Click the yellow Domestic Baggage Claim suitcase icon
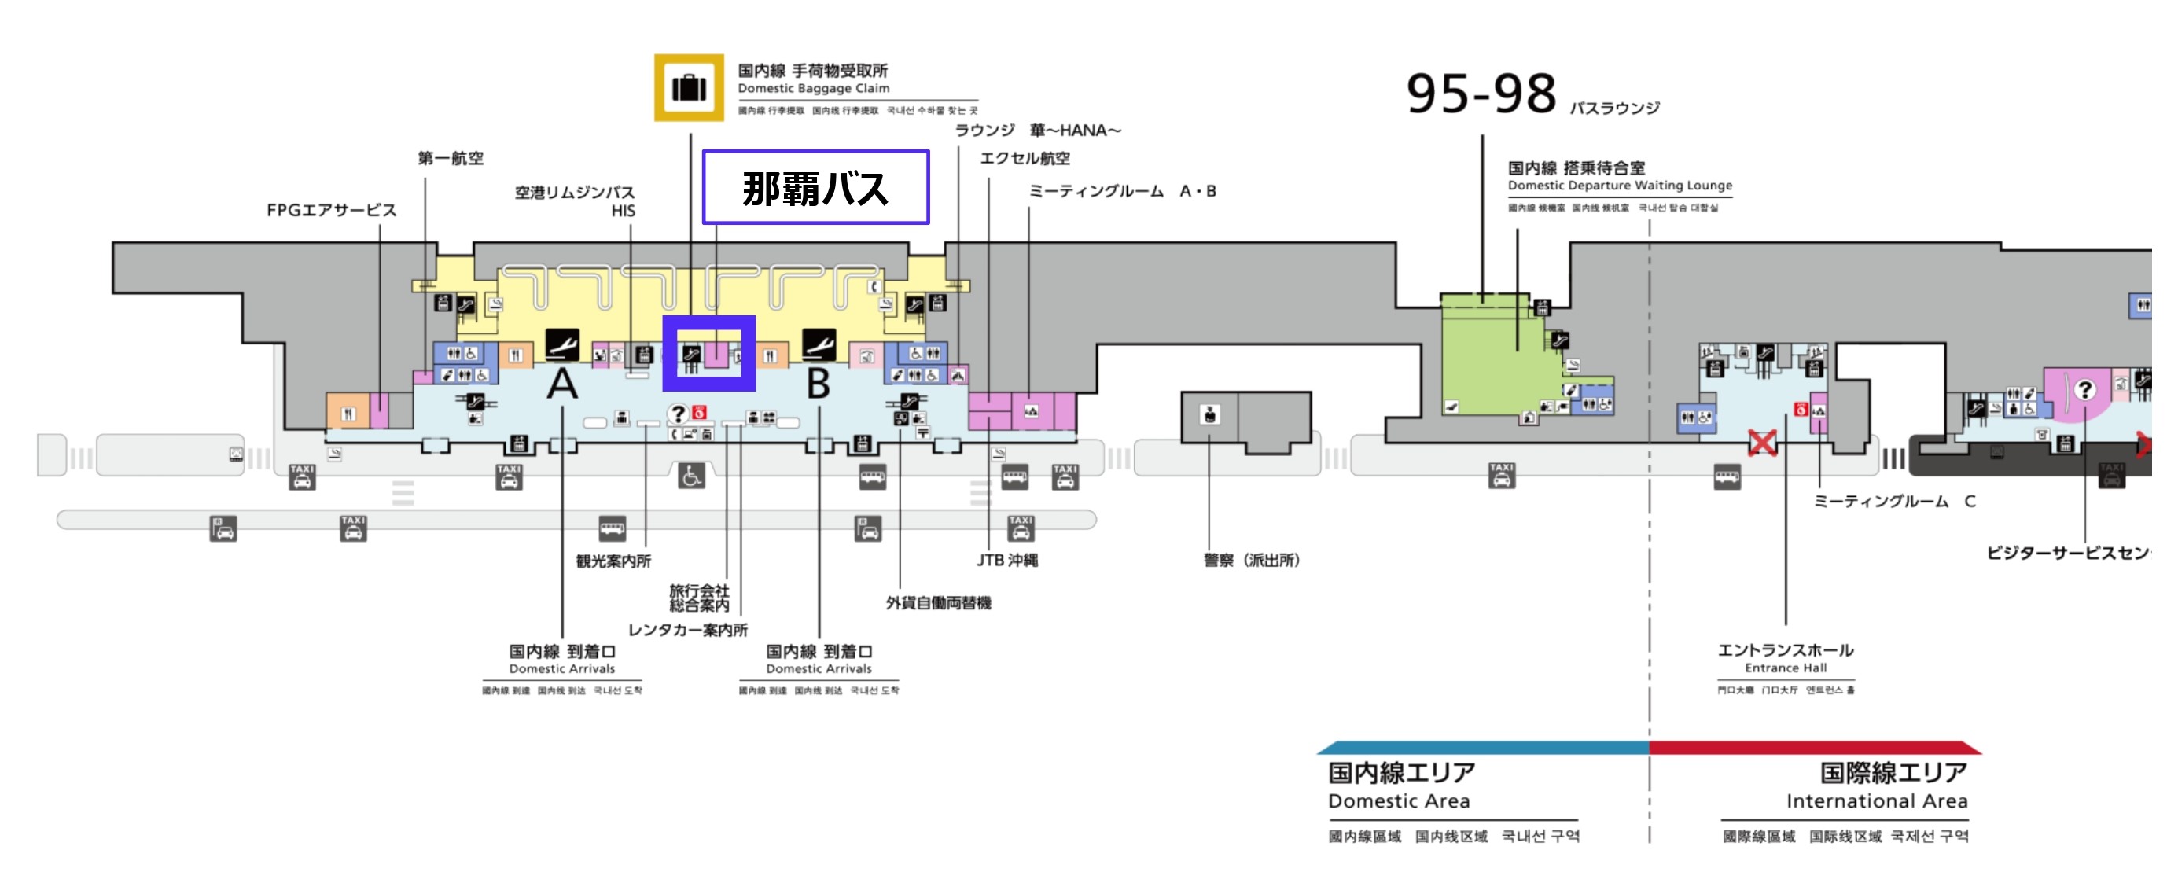pyautogui.click(x=688, y=87)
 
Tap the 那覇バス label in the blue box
pyautogui.click(x=815, y=188)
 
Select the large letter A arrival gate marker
pyautogui.click(x=562, y=384)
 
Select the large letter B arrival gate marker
pyautogui.click(x=818, y=384)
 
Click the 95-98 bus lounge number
pyautogui.click(x=1480, y=94)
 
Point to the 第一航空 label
pyautogui.click(x=450, y=158)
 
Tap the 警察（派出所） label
pyautogui.click(x=1251, y=560)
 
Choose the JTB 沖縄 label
pyautogui.click(x=1006, y=560)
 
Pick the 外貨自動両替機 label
pyautogui.click(x=937, y=603)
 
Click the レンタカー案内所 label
pyautogui.click(x=687, y=630)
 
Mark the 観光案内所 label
pyautogui.click(x=613, y=561)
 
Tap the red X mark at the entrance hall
pyautogui.click(x=1761, y=443)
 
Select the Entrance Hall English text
pyautogui.click(x=1785, y=668)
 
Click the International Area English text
pyautogui.click(x=1876, y=800)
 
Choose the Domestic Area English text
pyautogui.click(x=1398, y=800)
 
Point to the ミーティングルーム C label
pyautogui.click(x=1893, y=501)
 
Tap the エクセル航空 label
pyautogui.click(x=1025, y=158)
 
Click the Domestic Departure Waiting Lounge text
pyautogui.click(x=1620, y=185)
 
